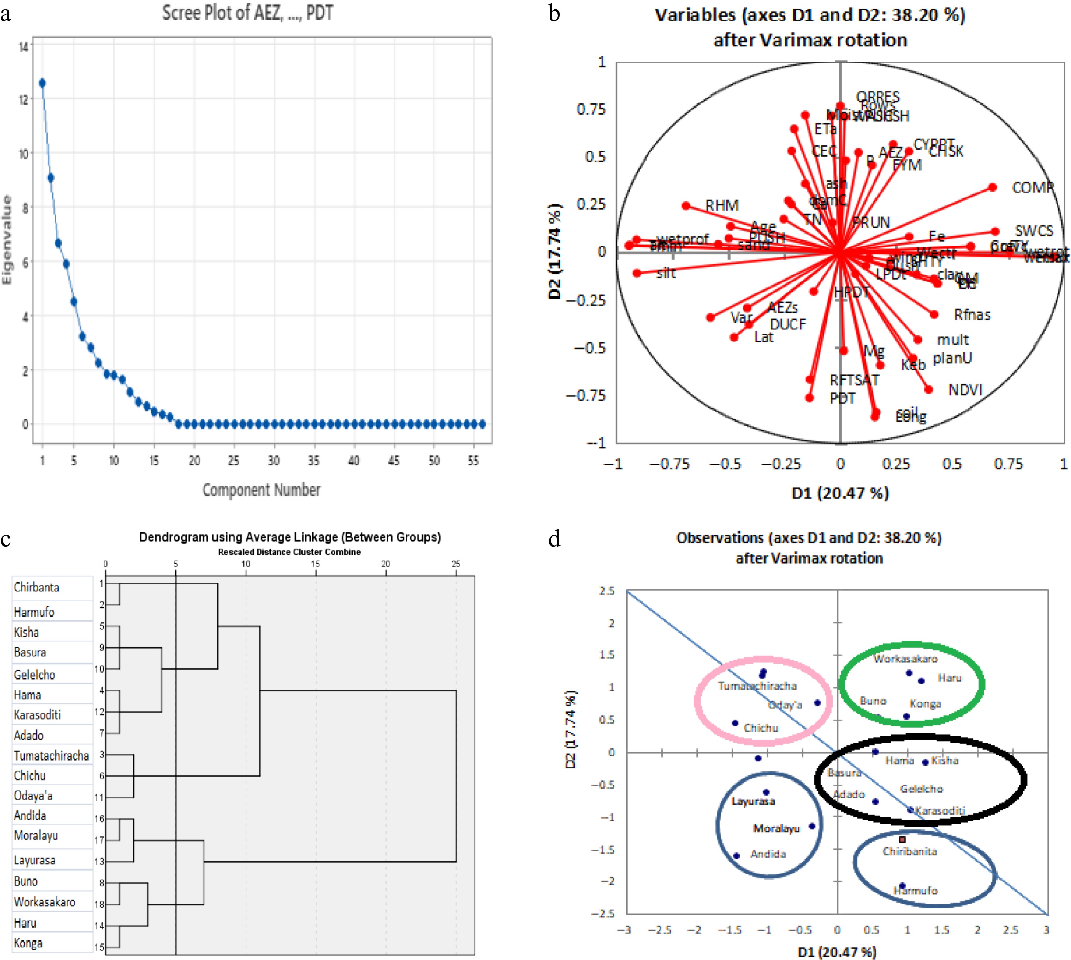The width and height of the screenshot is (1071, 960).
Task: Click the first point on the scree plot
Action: [x=42, y=83]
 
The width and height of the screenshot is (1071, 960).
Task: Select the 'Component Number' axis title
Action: [x=261, y=490]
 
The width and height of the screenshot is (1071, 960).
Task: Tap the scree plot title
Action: [x=248, y=13]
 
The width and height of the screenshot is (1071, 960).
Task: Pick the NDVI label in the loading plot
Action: [x=965, y=390]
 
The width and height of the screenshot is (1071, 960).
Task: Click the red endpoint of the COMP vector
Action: [x=992, y=187]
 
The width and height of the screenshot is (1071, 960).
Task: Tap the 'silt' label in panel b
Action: [x=666, y=273]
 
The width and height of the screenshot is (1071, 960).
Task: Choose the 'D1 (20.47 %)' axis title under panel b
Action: [x=840, y=493]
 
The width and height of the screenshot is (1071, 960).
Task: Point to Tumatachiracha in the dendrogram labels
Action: [x=51, y=755]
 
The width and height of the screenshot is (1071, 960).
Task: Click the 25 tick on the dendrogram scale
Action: [x=456, y=564]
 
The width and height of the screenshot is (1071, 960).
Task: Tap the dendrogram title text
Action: [x=290, y=537]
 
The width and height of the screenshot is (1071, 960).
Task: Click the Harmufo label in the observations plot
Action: [x=915, y=891]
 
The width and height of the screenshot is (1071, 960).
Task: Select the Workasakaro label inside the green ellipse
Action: [x=905, y=658]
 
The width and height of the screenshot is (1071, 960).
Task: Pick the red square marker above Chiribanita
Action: [x=902, y=839]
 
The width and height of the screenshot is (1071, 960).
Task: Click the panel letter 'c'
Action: [x=6, y=539]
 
